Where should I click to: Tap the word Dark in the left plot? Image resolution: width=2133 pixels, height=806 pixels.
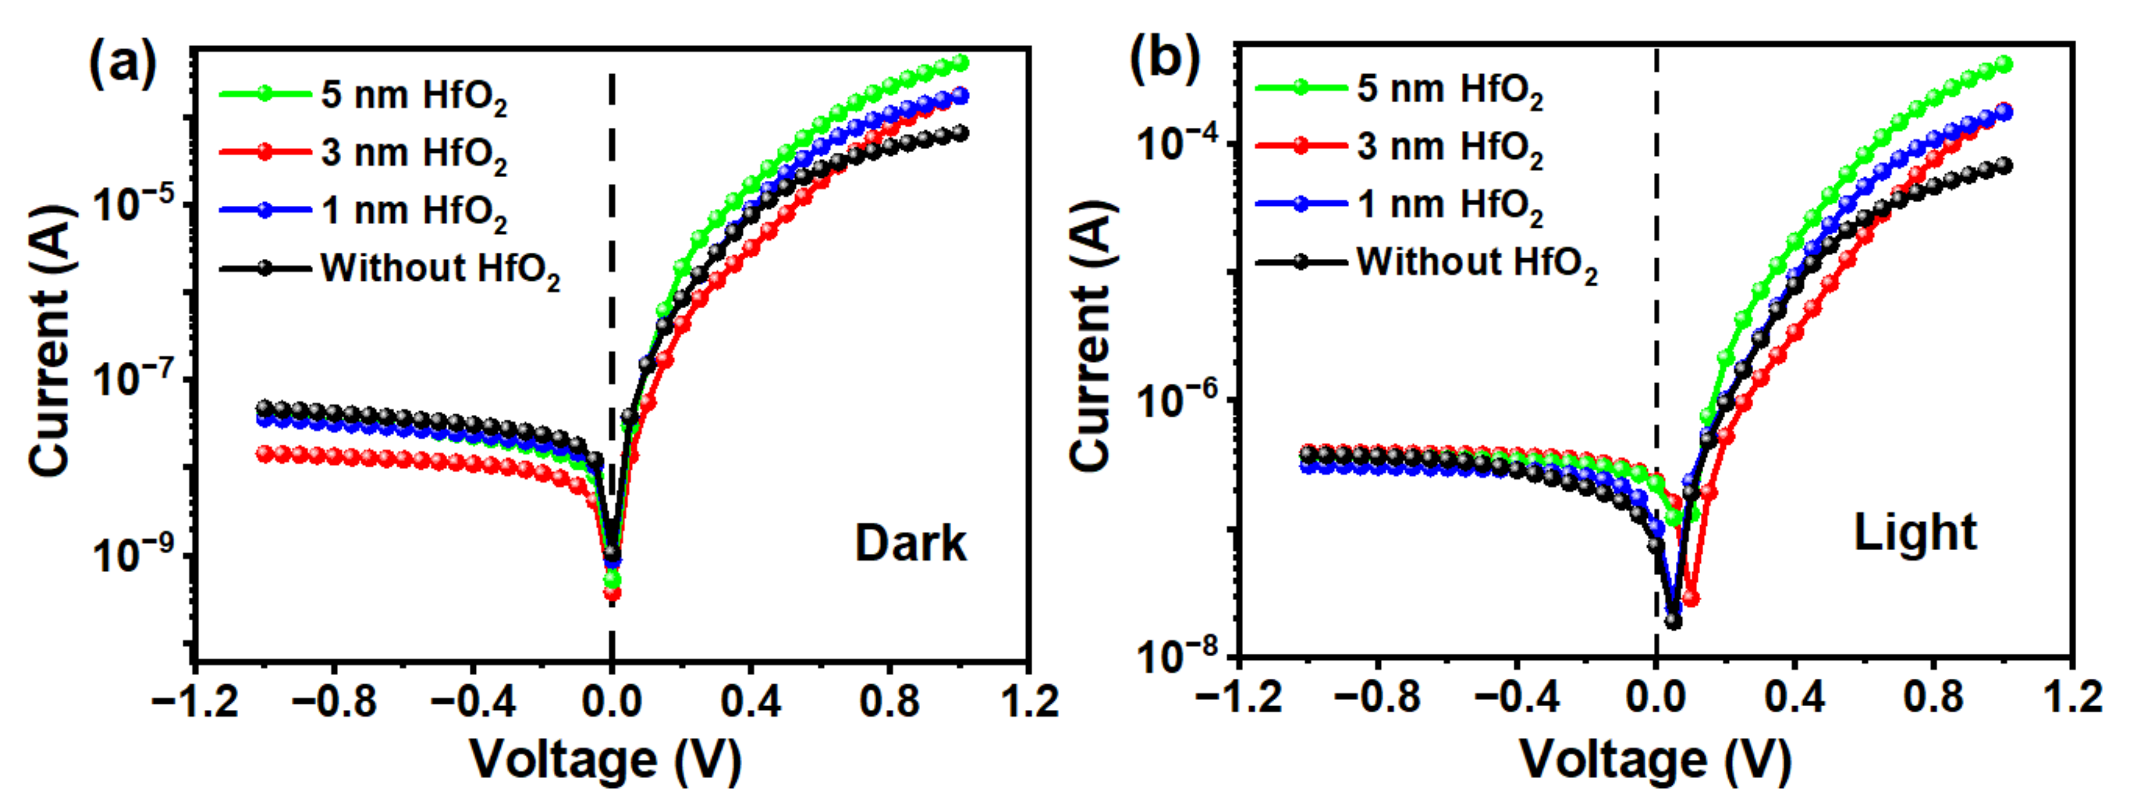point(910,544)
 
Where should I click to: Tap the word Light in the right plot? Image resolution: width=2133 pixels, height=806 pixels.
point(1915,533)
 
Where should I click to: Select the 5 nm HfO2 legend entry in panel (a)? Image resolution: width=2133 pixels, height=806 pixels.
point(364,95)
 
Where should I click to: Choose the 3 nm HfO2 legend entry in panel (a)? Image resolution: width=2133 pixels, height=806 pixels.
point(364,153)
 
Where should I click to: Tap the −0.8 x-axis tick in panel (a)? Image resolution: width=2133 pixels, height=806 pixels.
point(334,702)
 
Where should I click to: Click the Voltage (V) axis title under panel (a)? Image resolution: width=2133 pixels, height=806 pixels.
point(606,760)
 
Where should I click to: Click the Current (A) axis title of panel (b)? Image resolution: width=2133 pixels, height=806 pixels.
point(1091,336)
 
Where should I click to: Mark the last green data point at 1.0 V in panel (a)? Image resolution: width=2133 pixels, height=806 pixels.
point(960,63)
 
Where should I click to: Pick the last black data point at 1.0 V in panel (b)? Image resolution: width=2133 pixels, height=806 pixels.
point(2004,166)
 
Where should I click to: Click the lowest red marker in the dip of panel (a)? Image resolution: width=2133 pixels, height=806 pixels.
point(612,593)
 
